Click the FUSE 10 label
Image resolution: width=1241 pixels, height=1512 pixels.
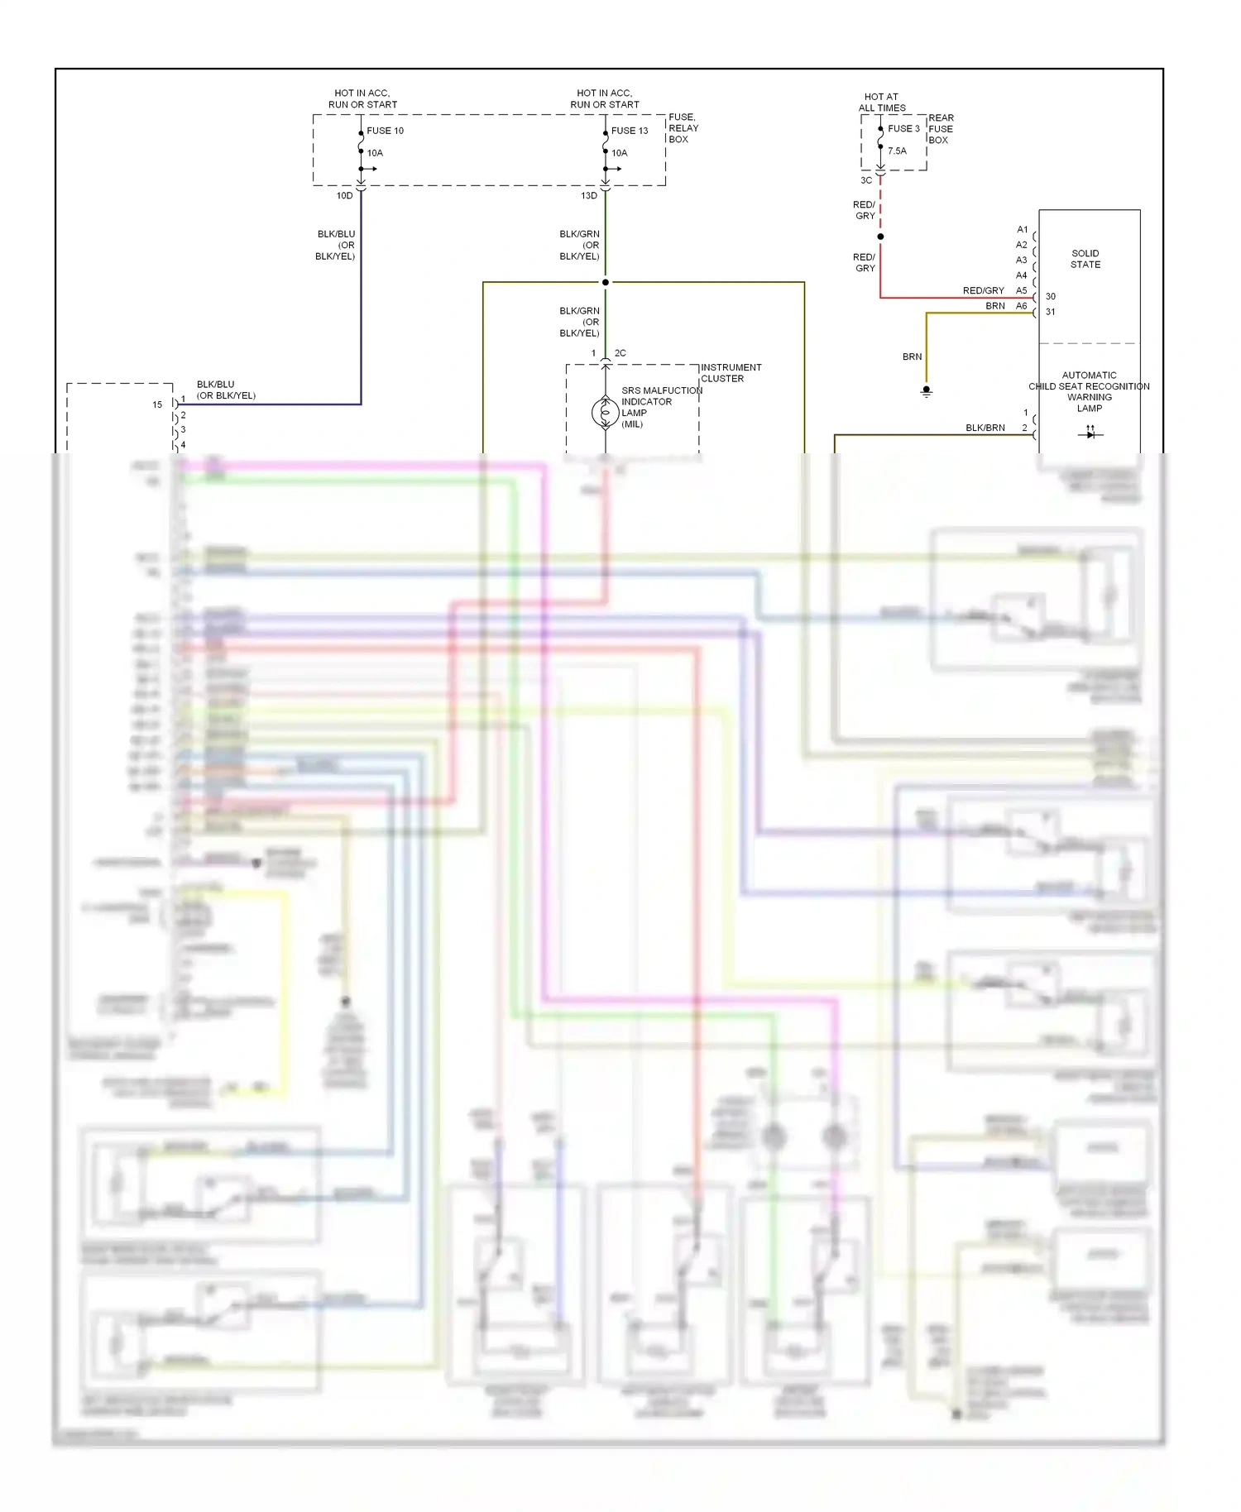(385, 131)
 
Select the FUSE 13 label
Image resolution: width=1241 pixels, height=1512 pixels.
(630, 131)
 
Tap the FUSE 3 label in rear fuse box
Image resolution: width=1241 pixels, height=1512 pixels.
(903, 129)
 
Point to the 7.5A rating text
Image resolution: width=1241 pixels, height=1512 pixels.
(897, 151)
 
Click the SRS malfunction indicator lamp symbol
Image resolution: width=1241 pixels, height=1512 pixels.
(606, 412)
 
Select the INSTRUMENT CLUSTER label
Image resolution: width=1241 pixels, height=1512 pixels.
(731, 373)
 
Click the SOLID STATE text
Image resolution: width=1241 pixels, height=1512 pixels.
(1085, 259)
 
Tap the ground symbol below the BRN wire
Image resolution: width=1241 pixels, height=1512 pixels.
(927, 391)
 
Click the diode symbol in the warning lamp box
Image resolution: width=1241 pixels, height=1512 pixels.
(1090, 433)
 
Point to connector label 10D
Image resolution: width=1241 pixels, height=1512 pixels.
(344, 196)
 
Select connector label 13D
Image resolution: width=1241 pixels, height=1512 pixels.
(588, 196)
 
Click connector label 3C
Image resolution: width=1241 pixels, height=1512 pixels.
(865, 180)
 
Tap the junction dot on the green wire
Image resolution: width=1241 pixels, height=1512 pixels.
(606, 282)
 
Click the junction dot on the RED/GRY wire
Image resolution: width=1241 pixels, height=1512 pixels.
(880, 237)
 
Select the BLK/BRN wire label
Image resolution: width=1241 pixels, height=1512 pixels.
(985, 428)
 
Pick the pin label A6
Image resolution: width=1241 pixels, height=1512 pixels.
(1021, 306)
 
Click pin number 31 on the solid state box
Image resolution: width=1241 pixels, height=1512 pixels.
(1050, 312)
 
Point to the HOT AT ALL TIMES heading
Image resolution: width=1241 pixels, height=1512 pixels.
(881, 103)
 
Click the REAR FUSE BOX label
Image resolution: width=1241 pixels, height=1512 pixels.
(941, 129)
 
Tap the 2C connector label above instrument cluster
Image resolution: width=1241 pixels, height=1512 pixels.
(620, 353)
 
